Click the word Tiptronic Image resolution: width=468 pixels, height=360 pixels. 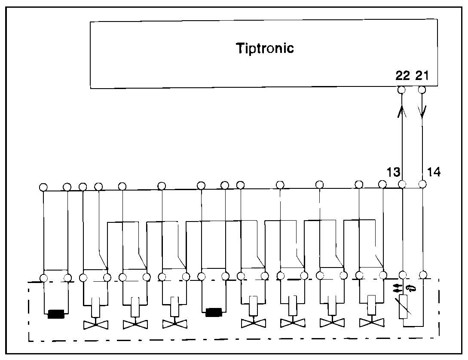click(x=265, y=48)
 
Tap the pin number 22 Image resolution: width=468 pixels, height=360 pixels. click(x=403, y=76)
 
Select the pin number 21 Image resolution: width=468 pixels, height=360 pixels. click(x=422, y=76)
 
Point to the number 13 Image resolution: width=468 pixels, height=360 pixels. click(x=393, y=172)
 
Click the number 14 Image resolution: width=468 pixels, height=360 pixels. click(x=434, y=172)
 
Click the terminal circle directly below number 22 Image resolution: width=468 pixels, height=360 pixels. click(x=402, y=90)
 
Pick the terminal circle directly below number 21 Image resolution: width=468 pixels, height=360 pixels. click(x=422, y=90)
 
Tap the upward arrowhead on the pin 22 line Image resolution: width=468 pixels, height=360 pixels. click(x=402, y=112)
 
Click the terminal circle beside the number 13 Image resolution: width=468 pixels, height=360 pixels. click(x=402, y=185)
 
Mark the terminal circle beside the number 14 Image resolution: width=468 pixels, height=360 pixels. click(x=422, y=184)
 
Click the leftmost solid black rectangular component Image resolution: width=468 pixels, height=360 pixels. click(x=55, y=314)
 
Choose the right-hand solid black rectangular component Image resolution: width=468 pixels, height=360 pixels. click(x=213, y=312)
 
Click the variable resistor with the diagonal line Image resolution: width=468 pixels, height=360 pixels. click(x=403, y=307)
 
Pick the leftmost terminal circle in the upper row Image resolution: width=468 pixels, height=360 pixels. click(x=43, y=187)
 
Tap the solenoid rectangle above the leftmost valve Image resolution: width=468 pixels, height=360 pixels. click(x=95, y=306)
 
